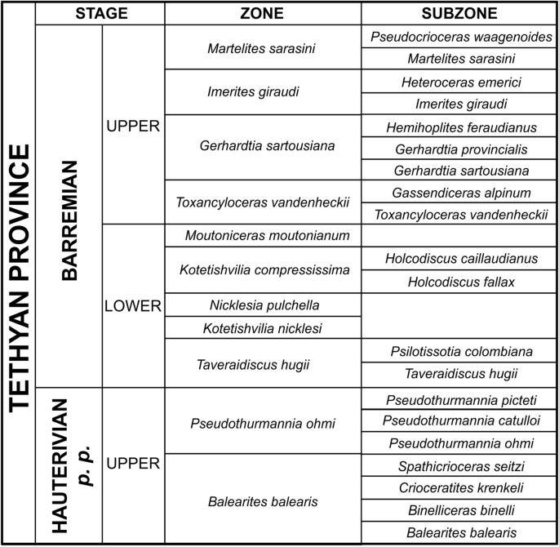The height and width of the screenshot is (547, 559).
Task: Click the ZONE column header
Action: (263, 14)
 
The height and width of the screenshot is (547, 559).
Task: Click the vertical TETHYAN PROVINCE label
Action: (19, 278)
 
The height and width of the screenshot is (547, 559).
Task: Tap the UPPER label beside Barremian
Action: (134, 126)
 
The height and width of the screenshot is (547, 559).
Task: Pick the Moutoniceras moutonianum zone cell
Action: (263, 236)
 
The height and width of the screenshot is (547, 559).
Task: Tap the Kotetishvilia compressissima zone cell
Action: (263, 270)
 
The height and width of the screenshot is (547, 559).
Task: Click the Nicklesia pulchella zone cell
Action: (263, 305)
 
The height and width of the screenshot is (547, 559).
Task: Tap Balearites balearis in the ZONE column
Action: (263, 500)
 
